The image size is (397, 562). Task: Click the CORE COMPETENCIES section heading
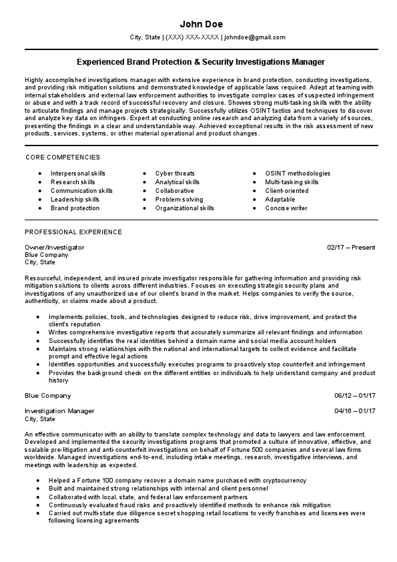(x=62, y=157)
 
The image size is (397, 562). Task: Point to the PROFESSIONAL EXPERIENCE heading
(x=73, y=232)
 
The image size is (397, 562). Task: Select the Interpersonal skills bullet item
(x=78, y=174)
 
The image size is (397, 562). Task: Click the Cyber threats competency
(x=175, y=174)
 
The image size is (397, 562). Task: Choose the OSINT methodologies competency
(x=298, y=174)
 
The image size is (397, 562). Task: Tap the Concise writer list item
(x=286, y=208)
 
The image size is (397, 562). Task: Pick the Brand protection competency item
(x=75, y=208)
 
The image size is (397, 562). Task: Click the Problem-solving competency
(x=179, y=200)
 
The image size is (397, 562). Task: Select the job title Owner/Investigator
(x=55, y=247)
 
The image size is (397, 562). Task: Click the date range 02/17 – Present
(x=351, y=247)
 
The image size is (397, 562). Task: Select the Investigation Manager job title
(x=59, y=410)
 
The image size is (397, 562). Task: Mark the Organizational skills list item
(x=185, y=208)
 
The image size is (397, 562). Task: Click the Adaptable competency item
(x=280, y=200)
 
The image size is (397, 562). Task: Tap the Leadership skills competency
(x=75, y=200)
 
